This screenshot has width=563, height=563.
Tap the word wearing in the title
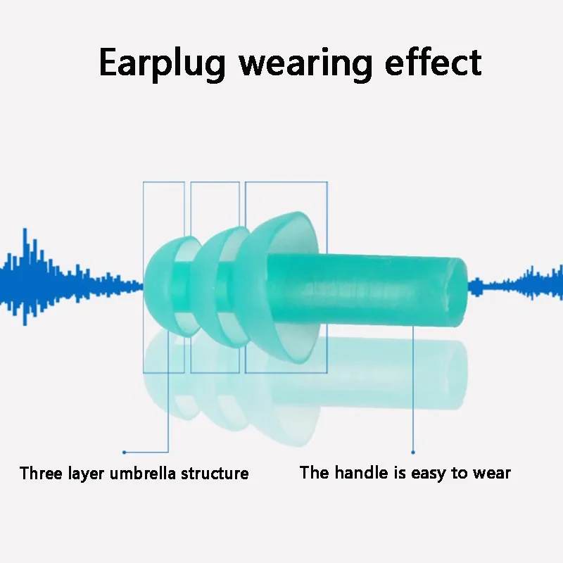click(x=304, y=63)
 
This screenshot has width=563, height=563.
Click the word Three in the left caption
click(x=41, y=473)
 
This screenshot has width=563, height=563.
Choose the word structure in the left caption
click(x=215, y=473)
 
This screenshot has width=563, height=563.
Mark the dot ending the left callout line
click(x=124, y=452)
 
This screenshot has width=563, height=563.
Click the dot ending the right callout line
click(x=413, y=452)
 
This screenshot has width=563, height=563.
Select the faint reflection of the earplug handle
click(x=380, y=366)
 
